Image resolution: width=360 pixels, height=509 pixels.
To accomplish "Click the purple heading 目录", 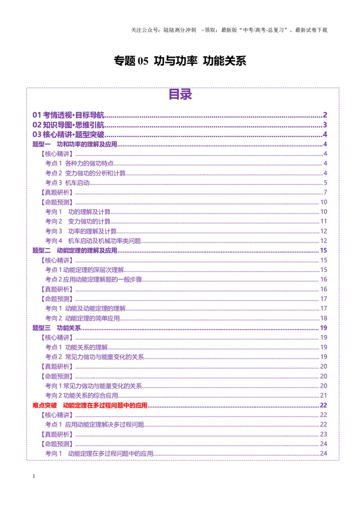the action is click(x=180, y=94).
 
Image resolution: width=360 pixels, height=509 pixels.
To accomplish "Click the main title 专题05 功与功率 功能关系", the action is click(x=180, y=61).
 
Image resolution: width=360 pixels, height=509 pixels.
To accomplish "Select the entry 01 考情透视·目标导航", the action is click(x=68, y=115).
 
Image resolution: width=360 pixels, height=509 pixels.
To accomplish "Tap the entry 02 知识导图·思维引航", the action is click(x=68, y=125).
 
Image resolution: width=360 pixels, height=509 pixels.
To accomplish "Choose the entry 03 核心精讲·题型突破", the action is click(x=68, y=134).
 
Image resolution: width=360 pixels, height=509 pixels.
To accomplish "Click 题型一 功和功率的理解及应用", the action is click(x=75, y=144).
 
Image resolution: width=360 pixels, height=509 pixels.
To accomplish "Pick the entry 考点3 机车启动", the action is click(x=67, y=183).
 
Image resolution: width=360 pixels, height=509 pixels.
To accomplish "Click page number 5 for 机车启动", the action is click(x=325, y=183).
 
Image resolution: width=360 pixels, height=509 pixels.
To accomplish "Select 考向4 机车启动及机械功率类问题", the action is click(x=93, y=241).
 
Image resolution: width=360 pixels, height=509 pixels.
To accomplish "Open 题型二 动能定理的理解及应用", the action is click(x=75, y=250).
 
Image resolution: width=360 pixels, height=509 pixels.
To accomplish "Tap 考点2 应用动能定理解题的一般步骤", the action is click(x=94, y=280).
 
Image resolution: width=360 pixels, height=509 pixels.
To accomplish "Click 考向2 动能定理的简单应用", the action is click(x=82, y=318).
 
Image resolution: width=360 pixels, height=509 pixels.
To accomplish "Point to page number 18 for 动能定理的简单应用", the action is click(x=324, y=318).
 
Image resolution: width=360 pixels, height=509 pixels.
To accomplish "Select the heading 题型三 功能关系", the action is click(x=57, y=328).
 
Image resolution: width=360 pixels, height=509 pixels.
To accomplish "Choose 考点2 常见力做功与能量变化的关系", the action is click(x=94, y=357).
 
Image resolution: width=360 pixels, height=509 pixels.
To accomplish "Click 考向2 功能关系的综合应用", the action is click(x=81, y=395).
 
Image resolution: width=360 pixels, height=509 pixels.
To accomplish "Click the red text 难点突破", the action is click(x=45, y=405).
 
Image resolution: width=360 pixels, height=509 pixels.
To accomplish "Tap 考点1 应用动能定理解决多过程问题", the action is click(x=94, y=424).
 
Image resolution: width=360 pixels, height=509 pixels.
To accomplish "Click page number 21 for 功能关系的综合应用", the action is click(x=324, y=395).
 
